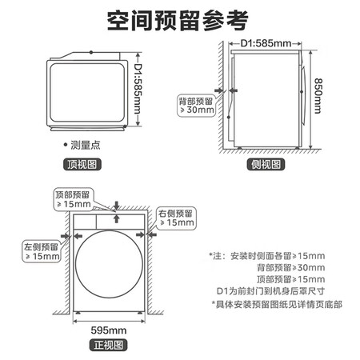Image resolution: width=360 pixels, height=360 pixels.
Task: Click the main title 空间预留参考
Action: click(178, 21)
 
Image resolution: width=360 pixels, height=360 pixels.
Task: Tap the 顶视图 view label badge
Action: click(82, 164)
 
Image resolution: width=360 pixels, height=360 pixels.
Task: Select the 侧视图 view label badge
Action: click(266, 164)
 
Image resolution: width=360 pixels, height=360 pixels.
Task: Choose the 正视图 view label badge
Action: click(108, 345)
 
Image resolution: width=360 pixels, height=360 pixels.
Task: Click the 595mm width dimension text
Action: click(109, 330)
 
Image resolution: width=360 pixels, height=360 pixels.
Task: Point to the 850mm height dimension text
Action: click(318, 96)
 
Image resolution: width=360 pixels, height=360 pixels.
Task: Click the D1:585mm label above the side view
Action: click(266, 43)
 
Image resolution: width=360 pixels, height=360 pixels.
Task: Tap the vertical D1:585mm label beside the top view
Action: click(138, 89)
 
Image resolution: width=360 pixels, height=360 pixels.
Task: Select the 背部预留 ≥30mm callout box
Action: click(197, 106)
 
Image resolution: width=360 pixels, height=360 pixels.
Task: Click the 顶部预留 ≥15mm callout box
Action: click(73, 200)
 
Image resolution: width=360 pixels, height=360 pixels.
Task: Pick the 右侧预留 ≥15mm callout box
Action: click(176, 218)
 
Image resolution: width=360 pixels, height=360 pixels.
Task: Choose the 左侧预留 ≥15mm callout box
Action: click(42, 251)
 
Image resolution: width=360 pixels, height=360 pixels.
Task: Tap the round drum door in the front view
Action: click(109, 264)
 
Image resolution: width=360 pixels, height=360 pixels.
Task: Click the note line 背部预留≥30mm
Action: click(291, 267)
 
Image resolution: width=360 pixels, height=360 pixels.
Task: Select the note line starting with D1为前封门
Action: click(270, 291)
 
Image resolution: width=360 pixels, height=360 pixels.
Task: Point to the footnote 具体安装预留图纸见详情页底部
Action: click(277, 304)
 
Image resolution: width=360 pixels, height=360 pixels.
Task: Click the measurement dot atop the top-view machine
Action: click(91, 52)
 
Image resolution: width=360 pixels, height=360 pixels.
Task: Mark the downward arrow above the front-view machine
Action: click(116, 206)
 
